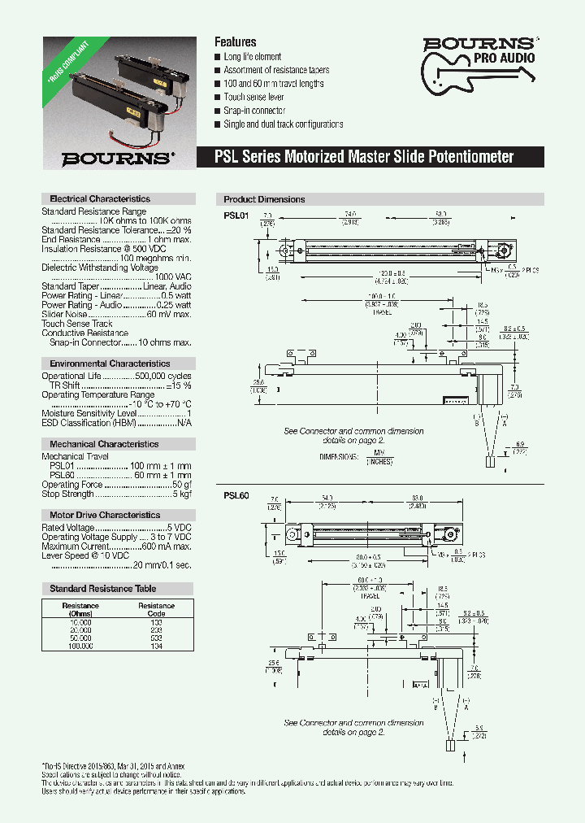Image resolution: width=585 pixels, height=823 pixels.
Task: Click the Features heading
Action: coord(235,41)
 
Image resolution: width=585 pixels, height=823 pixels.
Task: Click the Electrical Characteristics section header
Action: coord(100,198)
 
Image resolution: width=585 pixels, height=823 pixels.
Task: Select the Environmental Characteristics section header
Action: coord(110,364)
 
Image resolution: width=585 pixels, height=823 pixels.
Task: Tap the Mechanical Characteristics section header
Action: coord(104,444)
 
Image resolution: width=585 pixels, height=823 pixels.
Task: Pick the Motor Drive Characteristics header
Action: coord(105,515)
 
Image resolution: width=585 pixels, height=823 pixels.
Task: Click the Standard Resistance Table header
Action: coord(102,588)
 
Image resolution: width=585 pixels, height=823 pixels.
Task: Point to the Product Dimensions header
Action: coord(264,199)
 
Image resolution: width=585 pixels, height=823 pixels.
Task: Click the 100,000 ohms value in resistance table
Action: coord(80,645)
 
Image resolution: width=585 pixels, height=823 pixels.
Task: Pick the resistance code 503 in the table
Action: coord(156,638)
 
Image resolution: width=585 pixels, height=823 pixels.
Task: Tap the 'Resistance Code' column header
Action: coord(156,610)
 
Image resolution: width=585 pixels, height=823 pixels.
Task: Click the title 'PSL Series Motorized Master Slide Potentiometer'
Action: coord(364,157)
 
